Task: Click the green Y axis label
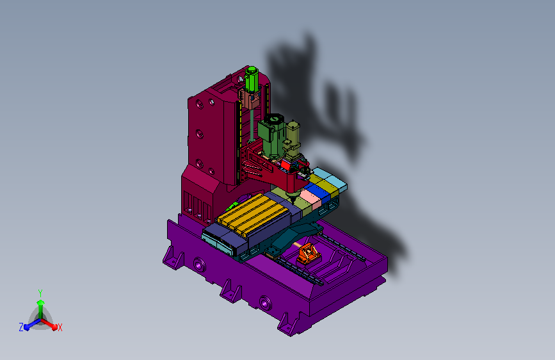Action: (x=40, y=293)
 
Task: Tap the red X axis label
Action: (x=60, y=328)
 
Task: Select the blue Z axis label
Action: (x=21, y=327)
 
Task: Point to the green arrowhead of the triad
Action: (x=40, y=302)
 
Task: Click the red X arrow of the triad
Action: (x=49, y=324)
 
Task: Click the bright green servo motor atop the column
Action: (x=252, y=79)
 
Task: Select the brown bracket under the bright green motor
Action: (x=250, y=99)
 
